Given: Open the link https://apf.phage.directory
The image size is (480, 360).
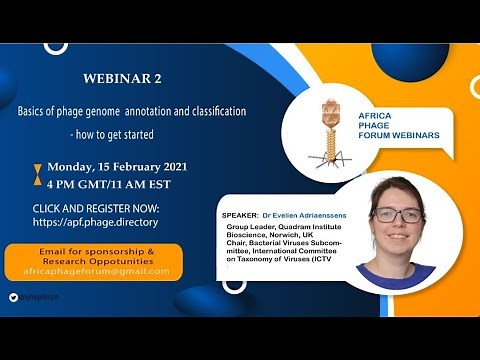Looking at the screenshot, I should [96, 221].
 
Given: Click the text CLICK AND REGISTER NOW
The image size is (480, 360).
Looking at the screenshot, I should [96, 207].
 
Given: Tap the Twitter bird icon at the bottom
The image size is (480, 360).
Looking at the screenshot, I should [14, 297].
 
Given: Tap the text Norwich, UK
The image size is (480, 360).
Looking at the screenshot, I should [291, 237].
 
